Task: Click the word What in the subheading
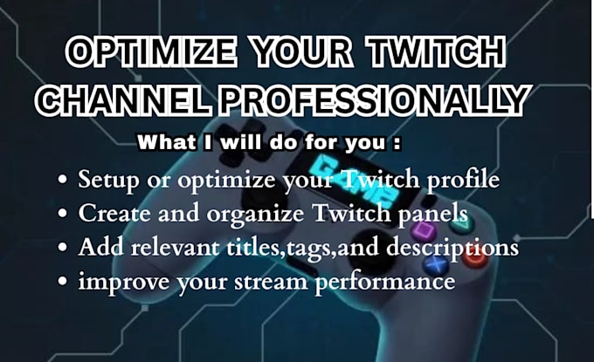tap(167, 142)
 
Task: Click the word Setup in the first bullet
tap(108, 180)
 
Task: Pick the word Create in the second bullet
tap(114, 213)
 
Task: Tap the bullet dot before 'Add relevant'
tap(63, 248)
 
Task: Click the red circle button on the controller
tap(475, 258)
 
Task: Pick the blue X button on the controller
tap(436, 265)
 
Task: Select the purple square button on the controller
tap(420, 229)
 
